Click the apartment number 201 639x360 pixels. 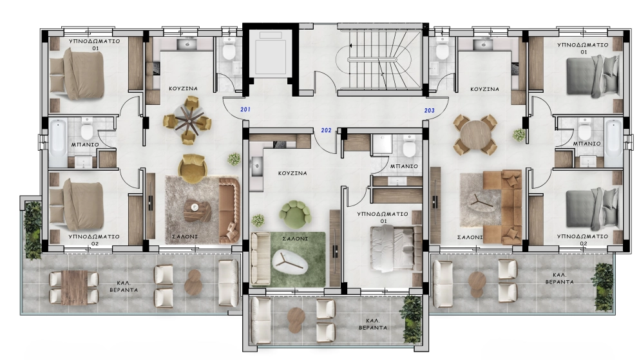245,109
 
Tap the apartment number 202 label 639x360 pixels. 327,130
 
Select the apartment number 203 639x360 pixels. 430,110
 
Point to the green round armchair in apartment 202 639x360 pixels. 295,214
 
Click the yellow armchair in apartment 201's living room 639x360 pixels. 193,168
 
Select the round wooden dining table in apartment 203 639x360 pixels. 475,135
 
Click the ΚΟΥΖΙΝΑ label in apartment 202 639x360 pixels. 292,173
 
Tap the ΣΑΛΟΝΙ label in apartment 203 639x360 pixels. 470,237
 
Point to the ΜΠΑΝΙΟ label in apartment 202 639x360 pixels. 404,166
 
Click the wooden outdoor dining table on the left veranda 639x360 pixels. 74,287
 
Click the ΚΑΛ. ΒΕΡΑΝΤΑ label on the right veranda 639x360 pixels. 559,278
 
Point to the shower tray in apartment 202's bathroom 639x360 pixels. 381,144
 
